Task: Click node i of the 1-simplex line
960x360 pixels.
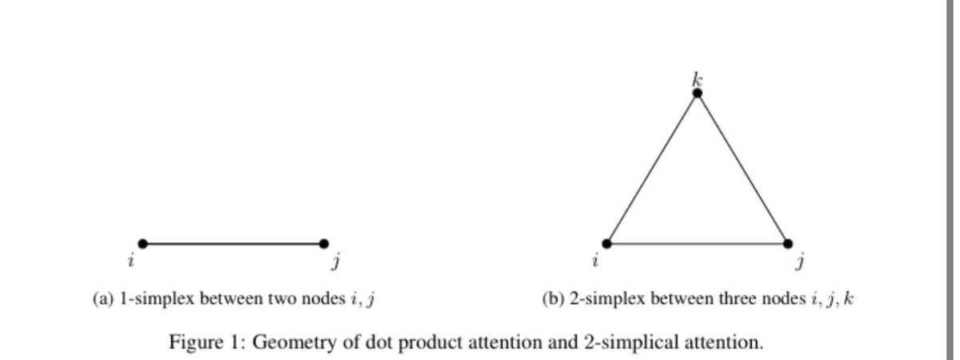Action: coord(142,243)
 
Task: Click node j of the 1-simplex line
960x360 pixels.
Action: coord(323,243)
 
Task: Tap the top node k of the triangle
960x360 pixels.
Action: coord(697,93)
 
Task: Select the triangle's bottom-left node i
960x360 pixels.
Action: coord(606,243)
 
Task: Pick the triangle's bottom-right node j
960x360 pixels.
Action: coord(787,243)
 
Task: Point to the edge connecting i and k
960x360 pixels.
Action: coord(651,168)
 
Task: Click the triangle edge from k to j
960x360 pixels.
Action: coord(742,168)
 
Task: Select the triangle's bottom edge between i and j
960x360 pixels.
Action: coord(697,243)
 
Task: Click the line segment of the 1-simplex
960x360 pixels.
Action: coord(233,243)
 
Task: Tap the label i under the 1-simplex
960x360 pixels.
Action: coord(130,260)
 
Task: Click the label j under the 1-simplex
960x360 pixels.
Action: coord(335,261)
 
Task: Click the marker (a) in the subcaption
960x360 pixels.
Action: coord(103,300)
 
